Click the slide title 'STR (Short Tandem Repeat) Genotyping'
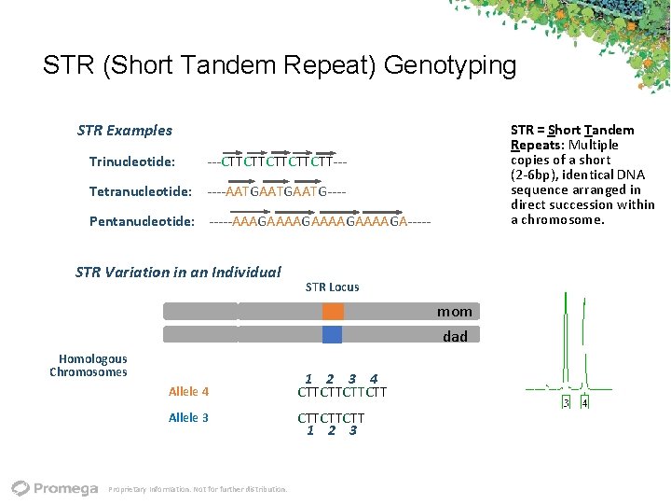[279, 66]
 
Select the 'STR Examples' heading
[124, 131]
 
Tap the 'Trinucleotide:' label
[131, 162]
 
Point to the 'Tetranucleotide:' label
[140, 192]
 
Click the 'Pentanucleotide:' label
[142, 222]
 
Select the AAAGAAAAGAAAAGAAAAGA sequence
[320, 222]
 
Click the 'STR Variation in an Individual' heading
[177, 273]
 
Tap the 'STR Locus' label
[332, 287]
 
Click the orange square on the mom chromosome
[334, 312]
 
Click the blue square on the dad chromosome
[333, 335]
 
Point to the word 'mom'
[455, 312]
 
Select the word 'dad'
[455, 336]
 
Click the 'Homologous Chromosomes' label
[90, 366]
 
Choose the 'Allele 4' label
[188, 392]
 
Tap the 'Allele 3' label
[188, 418]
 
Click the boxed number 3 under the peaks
[566, 403]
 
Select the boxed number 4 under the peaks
[584, 403]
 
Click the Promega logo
[55, 488]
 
